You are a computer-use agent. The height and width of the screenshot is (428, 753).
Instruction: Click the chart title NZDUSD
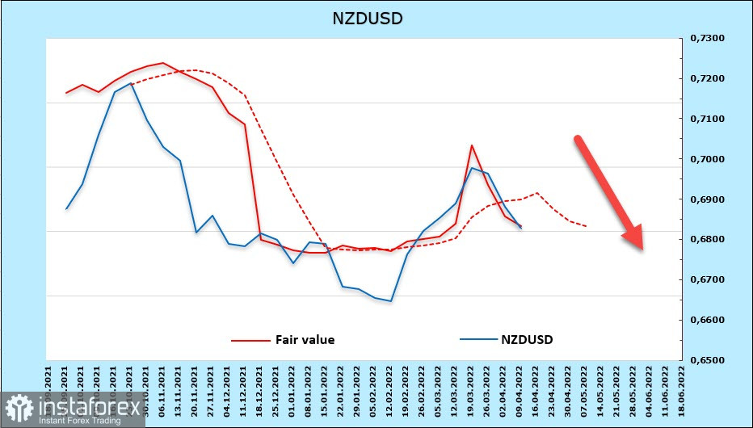(368, 18)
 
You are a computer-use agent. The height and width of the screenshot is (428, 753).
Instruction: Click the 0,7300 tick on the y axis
(705, 39)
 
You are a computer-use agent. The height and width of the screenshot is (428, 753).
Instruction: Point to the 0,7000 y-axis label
(705, 159)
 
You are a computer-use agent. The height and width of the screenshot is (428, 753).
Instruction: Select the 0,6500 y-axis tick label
(705, 360)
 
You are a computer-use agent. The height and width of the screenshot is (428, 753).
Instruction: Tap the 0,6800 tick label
(705, 240)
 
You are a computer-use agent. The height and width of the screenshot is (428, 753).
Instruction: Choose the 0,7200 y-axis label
(705, 79)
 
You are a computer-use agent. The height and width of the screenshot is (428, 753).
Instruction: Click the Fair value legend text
(305, 340)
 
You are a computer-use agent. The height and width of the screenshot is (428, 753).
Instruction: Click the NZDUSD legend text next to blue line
(527, 340)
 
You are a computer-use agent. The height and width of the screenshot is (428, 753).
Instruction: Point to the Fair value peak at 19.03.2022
(472, 145)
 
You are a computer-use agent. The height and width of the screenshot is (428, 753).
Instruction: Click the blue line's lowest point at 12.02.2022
(391, 301)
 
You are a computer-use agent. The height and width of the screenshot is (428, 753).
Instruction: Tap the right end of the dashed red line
(586, 226)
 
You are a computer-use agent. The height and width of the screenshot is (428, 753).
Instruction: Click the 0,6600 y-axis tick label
(705, 320)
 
